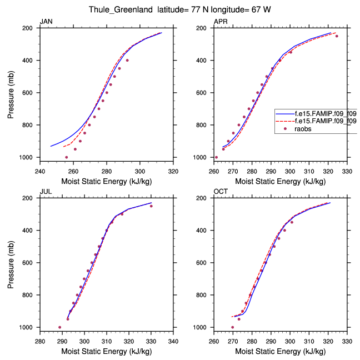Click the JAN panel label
tap(46, 22)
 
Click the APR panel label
tap(221, 22)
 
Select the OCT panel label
tap(221, 192)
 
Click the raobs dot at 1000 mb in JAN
tap(67, 157)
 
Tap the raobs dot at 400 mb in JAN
tap(127, 60)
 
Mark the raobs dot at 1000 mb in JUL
tap(60, 327)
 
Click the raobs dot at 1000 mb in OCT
tap(232, 327)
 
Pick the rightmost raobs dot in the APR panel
tap(337, 36)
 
